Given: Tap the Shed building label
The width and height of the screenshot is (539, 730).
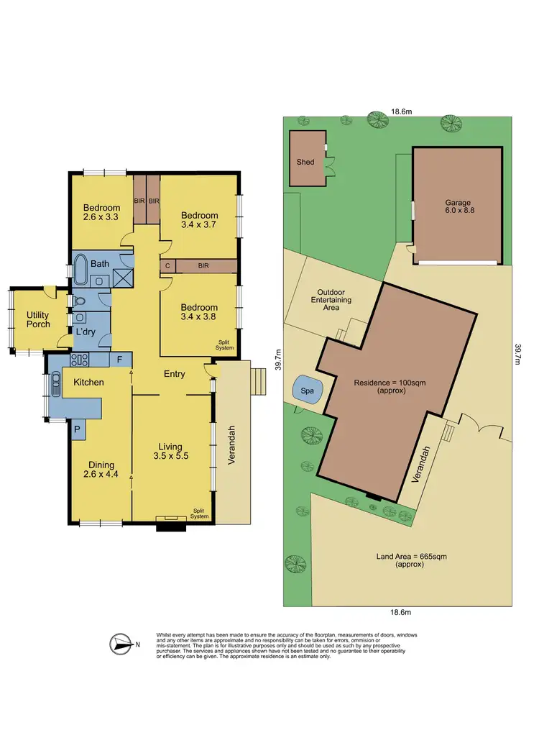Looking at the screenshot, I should tap(305, 163).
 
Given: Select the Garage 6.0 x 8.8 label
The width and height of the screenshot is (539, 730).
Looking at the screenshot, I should tap(458, 207).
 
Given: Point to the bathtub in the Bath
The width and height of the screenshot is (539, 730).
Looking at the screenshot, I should tap(80, 270).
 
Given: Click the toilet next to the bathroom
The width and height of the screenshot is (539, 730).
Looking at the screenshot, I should tap(80, 301).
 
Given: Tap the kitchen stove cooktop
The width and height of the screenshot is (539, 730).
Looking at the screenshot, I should tap(79, 360).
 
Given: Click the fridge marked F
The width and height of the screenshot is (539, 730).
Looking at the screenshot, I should tap(119, 358).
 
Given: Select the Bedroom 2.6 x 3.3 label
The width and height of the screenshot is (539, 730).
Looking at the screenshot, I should tap(100, 212).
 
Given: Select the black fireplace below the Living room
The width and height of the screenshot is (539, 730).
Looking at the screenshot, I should tap(171, 526).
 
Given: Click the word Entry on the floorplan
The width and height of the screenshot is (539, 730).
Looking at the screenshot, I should tap(175, 374).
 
